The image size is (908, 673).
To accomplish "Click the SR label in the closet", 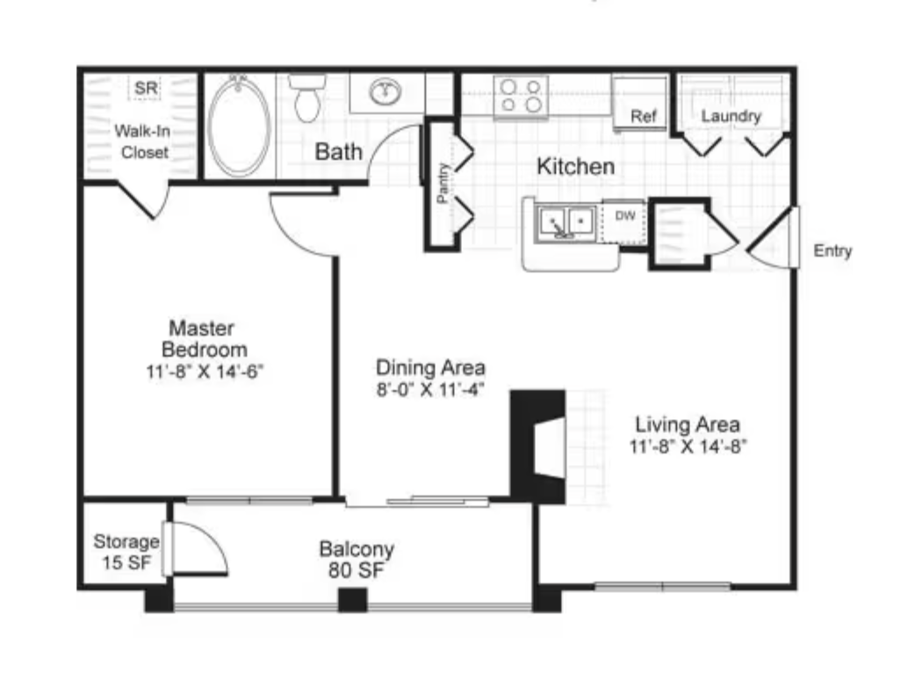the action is pos(146,88).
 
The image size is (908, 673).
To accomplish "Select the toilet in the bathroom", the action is pos(307,98).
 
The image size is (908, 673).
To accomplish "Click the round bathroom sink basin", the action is pos(386,91).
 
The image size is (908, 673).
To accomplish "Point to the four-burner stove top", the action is pos(521,96).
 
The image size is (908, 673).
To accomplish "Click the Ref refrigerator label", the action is pos(644,117).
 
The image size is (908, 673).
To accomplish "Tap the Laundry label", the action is pos(731,116).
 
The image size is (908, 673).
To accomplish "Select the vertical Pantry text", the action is pos(443,183).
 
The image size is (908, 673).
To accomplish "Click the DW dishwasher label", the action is pos(625,215).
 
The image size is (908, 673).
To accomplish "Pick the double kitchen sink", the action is pos(566,222).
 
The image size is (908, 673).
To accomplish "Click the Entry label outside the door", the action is pos(832,250).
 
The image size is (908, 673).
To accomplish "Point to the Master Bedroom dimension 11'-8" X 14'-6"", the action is pos(205,371).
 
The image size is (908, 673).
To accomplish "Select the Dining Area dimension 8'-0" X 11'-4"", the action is pos(430,389).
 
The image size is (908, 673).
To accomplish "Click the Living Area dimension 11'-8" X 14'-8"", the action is pos(688,446).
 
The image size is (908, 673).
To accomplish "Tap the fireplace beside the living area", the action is pos(537,446).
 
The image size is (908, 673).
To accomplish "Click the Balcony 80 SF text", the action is pos(357,559).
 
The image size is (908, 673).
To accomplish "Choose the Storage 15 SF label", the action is pos(126,552).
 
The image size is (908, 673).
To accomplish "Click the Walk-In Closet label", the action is pos(143,141).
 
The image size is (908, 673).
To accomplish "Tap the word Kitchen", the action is pos(575,166).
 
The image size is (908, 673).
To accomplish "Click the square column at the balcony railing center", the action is pos(353,599).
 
